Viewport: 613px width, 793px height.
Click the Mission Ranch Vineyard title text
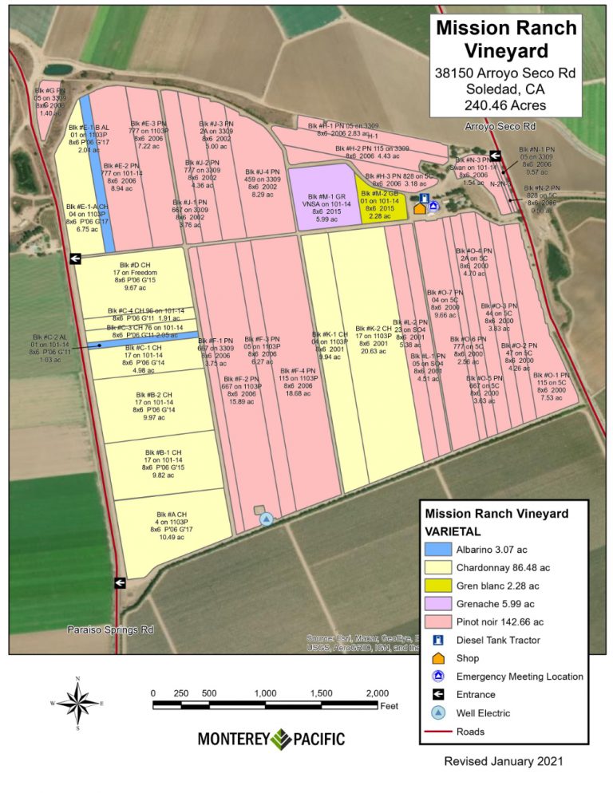point(505,39)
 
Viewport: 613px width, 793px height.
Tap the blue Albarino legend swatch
point(437,549)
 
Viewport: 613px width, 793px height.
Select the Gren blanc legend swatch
point(437,586)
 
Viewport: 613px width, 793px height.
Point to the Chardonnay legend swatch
point(437,567)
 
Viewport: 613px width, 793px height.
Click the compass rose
point(77,703)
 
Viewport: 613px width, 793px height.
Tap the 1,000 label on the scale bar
point(265,692)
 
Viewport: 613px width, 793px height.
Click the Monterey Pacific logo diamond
point(282,739)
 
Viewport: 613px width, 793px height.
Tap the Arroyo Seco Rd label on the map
point(500,127)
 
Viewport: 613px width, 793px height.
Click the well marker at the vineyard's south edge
point(267,519)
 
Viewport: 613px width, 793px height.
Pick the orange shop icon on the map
point(420,209)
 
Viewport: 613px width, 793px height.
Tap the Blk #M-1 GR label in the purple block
point(318,196)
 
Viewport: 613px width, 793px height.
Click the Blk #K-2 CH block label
point(374,329)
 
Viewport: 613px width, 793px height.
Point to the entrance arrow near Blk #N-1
point(495,156)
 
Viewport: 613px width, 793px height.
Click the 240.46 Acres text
point(505,105)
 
